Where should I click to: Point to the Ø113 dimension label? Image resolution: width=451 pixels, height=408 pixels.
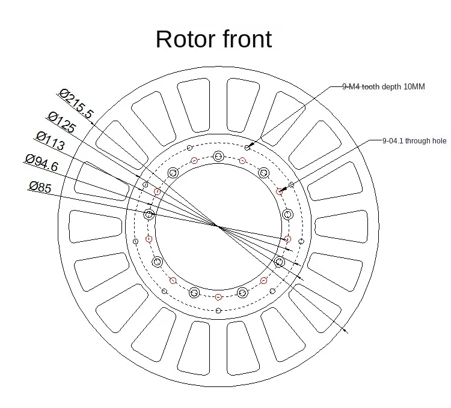click(51, 142)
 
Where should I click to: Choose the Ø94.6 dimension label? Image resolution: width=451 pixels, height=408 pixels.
click(41, 163)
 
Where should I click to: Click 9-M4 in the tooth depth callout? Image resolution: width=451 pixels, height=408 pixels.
click(352, 86)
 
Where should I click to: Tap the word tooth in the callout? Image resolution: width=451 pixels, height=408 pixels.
click(372, 86)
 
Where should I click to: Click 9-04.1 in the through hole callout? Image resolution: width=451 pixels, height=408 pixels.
click(393, 141)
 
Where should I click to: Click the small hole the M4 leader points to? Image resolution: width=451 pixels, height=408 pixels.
click(248, 146)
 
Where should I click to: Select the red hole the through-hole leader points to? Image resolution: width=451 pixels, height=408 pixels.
click(279, 191)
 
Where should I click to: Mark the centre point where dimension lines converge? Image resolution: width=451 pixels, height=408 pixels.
click(217, 226)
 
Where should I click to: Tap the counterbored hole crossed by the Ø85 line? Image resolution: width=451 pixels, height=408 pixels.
click(150, 214)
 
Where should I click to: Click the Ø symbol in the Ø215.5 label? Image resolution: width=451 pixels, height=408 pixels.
click(64, 93)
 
